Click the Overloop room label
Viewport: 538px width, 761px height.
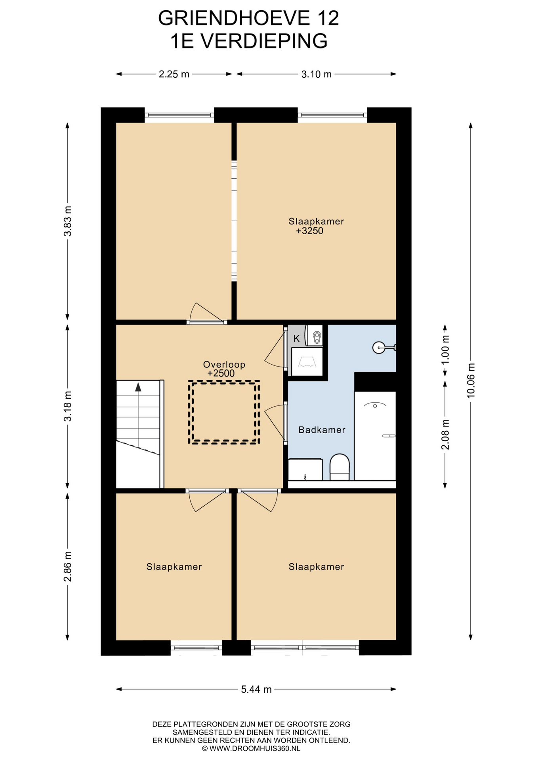[x=224, y=364]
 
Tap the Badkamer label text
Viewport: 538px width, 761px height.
[x=322, y=430]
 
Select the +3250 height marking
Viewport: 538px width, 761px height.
[x=310, y=231]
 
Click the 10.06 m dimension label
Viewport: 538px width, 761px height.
[x=471, y=380]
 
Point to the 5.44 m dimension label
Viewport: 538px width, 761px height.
[x=256, y=689]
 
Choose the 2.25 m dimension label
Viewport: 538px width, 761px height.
[x=174, y=74]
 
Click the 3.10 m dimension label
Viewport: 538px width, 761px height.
[x=316, y=74]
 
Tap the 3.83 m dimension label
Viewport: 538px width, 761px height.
[x=68, y=221]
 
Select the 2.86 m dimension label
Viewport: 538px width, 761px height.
[x=68, y=566]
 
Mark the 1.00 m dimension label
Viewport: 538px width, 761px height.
[x=445, y=350]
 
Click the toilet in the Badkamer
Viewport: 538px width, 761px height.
[x=340, y=467]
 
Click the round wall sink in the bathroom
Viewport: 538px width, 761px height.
[x=379, y=348]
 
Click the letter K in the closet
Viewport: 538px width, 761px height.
[x=296, y=339]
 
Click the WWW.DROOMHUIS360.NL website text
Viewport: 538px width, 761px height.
[x=255, y=749]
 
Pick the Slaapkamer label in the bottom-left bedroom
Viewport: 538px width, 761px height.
[x=174, y=567]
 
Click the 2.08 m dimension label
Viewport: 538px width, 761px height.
[x=445, y=434]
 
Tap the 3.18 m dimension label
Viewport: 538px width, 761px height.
[x=68, y=406]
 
